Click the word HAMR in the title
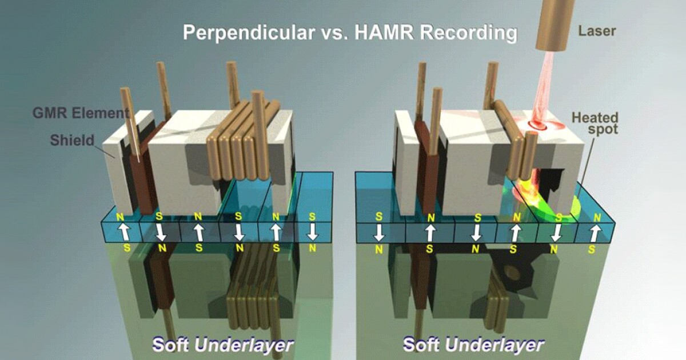384,32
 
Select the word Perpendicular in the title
249,33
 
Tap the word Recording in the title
469,33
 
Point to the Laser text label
597,31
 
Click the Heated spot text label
595,123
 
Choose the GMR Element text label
81,113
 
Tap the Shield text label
72,140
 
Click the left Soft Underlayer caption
222,345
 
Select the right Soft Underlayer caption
473,344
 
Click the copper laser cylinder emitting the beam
555,25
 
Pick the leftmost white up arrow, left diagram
124,232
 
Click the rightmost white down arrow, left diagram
312,232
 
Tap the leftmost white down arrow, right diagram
379,233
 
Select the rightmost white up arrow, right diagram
595,233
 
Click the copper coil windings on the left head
244,141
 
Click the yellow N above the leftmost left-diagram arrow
120,217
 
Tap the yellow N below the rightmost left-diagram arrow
312,248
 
